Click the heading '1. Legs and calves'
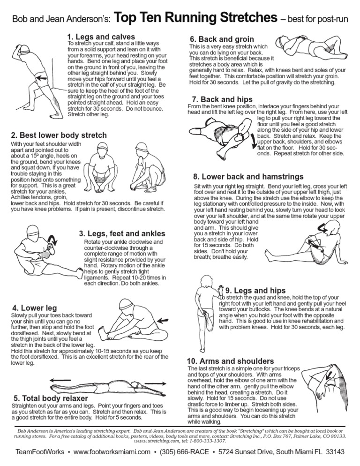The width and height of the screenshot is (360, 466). point(101,37)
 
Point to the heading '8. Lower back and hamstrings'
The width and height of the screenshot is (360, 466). point(248,177)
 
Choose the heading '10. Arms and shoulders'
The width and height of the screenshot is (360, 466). point(230,361)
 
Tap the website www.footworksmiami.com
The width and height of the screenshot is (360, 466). point(112,452)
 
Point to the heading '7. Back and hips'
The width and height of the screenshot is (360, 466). point(222,99)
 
